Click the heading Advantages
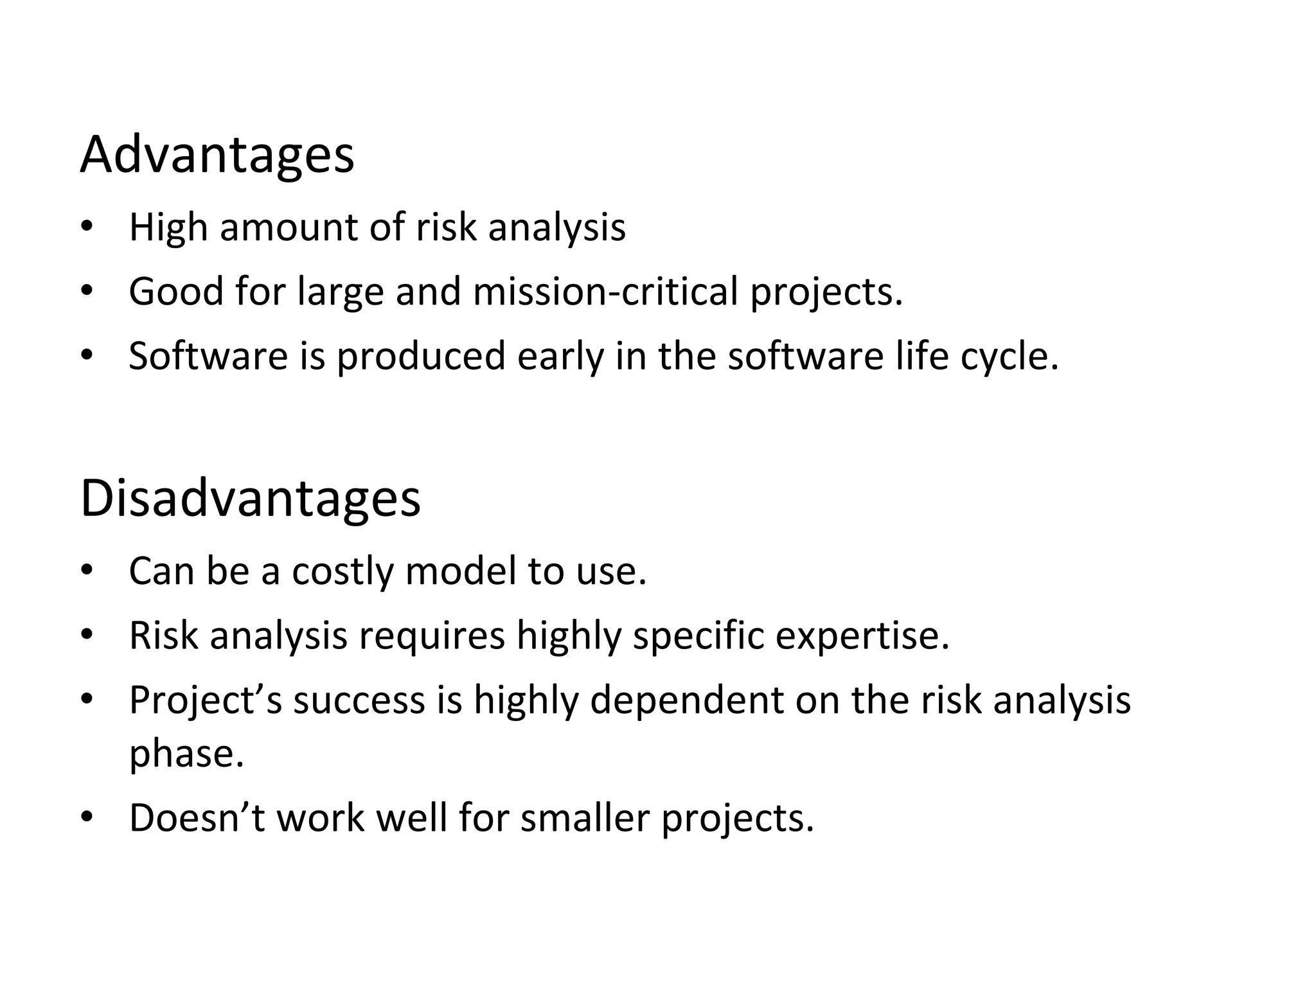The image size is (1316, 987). [x=217, y=156]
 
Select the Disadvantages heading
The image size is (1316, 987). [x=250, y=499]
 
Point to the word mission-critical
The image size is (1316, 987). [x=605, y=291]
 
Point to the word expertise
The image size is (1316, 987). [x=862, y=636]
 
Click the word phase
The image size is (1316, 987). [x=186, y=754]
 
